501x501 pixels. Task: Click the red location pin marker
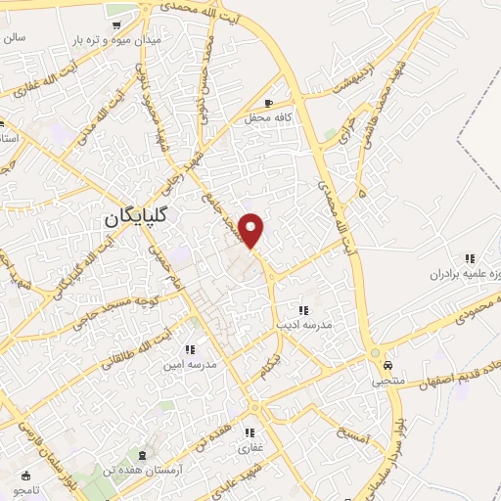pyautogui.click(x=251, y=230)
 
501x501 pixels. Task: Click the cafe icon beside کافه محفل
pyautogui.click(x=270, y=103)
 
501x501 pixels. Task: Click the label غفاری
pyautogui.click(x=250, y=448)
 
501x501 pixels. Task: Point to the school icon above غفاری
pyautogui.click(x=250, y=433)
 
